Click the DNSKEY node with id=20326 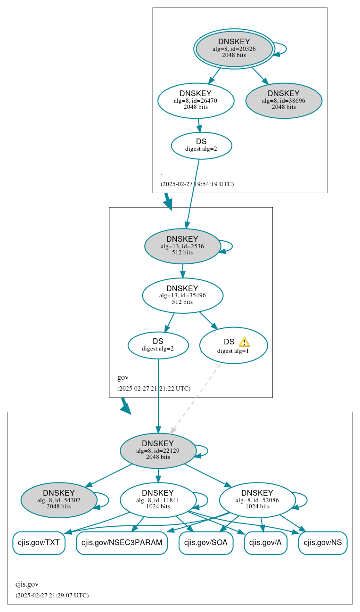[x=234, y=49]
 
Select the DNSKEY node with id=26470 [x=196, y=100]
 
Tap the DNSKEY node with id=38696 [x=284, y=100]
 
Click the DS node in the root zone [x=201, y=145]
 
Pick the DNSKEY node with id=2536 [x=182, y=246]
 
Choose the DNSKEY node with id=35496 [x=182, y=295]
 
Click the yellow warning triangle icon [x=244, y=342]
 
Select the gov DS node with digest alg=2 [x=158, y=345]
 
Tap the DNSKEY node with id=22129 [x=158, y=450]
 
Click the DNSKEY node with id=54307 [x=59, y=500]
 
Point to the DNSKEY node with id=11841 [x=158, y=500]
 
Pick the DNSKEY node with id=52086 [x=257, y=500]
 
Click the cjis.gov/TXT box [x=39, y=543]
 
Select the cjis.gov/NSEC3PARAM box [x=122, y=543]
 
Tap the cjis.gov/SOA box [x=206, y=543]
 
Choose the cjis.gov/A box [x=265, y=543]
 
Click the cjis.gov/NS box [x=323, y=543]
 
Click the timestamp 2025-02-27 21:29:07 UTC [x=52, y=596]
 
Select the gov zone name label [x=123, y=377]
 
